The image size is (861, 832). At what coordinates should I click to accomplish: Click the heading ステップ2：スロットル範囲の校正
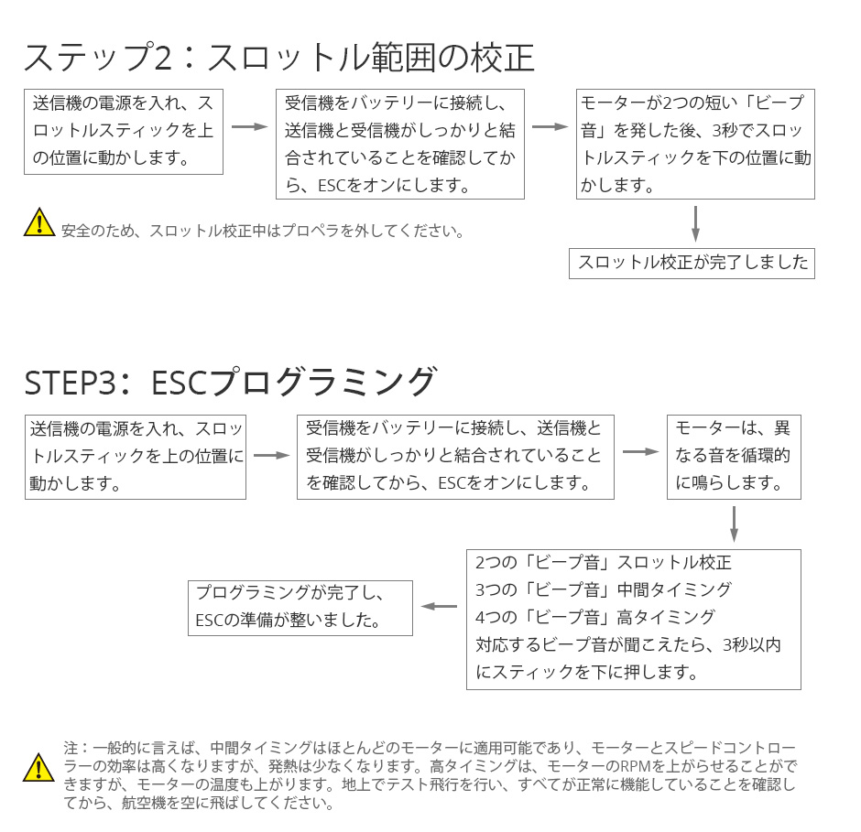[x=279, y=58]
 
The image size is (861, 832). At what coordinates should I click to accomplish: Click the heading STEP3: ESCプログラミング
[x=231, y=382]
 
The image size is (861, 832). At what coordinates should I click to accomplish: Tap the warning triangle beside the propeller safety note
[x=39, y=222]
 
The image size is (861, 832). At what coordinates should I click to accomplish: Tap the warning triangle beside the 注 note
[x=38, y=767]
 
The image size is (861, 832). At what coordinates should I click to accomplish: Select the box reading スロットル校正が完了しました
[x=692, y=264]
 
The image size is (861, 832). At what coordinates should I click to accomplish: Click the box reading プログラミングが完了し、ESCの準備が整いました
[x=300, y=608]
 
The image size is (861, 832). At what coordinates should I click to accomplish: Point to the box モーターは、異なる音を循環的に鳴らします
[x=734, y=457]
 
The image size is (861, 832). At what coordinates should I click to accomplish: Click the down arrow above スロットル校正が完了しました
[x=695, y=224]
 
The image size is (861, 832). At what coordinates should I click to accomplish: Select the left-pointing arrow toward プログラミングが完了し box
[x=439, y=607]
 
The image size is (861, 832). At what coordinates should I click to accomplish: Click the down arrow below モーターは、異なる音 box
[x=734, y=524]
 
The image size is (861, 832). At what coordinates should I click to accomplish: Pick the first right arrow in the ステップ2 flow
[x=250, y=127]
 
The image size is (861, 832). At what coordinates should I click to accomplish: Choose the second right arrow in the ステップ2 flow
[x=550, y=127]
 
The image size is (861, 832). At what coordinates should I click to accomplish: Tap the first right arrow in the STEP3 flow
[x=271, y=455]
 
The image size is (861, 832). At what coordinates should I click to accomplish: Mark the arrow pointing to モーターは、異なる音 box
[x=641, y=451]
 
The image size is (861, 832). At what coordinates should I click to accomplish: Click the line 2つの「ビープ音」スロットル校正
[x=603, y=563]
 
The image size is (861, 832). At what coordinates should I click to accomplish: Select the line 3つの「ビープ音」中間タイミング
[x=603, y=590]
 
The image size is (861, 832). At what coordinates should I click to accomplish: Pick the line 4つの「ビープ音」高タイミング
[x=594, y=618]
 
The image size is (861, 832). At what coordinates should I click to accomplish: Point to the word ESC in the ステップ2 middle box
[x=332, y=186]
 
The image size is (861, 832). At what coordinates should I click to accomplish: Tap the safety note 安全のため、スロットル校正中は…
[x=263, y=231]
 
